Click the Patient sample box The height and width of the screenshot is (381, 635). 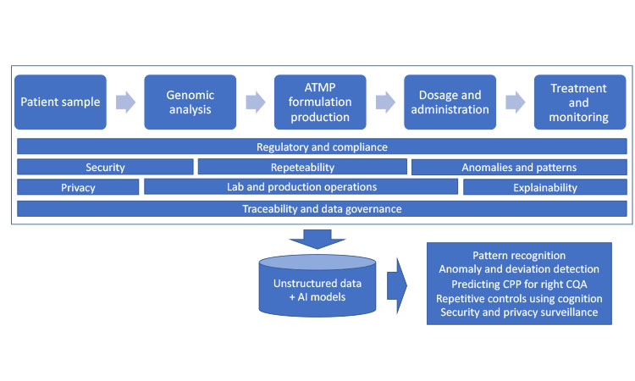[60, 102]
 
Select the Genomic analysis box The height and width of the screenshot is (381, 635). [190, 102]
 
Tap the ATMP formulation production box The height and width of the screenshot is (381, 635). [320, 102]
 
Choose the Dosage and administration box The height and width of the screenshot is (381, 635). [450, 102]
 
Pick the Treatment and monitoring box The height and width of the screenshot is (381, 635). [580, 102]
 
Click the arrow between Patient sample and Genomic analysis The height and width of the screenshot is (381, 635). [125, 102]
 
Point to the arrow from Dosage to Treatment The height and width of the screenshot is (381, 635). [515, 102]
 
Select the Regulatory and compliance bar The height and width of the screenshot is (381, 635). [322, 146]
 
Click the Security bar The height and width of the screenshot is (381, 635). [105, 167]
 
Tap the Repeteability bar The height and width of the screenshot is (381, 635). [302, 167]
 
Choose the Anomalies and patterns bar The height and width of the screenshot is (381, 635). [519, 167]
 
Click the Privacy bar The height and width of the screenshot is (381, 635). [78, 187]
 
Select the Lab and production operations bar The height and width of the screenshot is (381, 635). [301, 186]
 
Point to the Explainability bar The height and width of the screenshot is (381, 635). [545, 187]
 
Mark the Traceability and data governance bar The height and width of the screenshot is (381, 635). [322, 208]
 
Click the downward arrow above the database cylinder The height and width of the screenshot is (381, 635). [317, 239]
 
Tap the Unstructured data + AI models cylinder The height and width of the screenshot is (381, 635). [317, 286]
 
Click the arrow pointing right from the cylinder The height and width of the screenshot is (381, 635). [397, 286]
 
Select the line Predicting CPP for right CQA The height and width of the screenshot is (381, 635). [519, 284]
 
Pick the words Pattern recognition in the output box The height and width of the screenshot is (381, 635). [519, 256]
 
